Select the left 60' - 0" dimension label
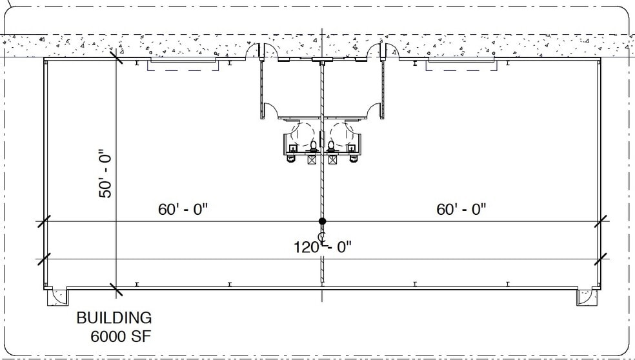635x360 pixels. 183,210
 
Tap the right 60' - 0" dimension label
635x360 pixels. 461,210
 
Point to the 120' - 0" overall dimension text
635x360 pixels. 323,246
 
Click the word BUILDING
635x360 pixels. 114,318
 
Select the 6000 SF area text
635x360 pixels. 121,337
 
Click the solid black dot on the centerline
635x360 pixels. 322,221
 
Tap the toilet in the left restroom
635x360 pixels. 312,146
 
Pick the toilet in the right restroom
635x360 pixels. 331,146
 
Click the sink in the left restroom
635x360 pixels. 290,158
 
